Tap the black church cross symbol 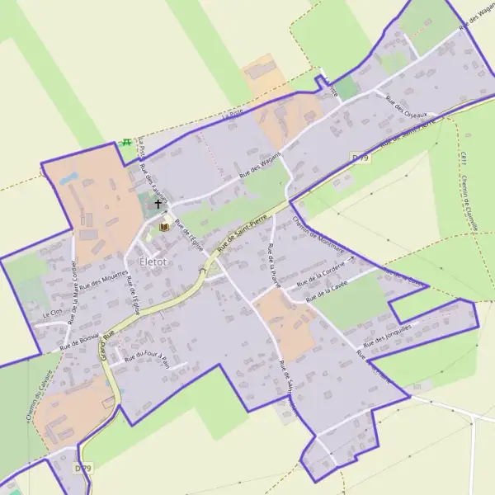click(x=158, y=203)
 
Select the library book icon click(x=163, y=225)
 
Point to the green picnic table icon click(x=127, y=142)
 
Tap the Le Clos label click(x=51, y=314)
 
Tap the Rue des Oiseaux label click(x=405, y=106)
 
